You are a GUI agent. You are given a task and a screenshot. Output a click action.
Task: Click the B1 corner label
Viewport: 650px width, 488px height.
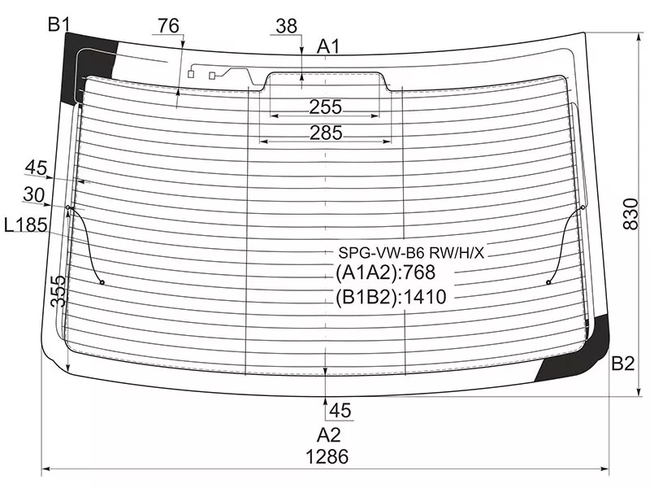pos(59,24)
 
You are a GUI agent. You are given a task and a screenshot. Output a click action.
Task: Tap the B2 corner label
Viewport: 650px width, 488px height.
pos(623,364)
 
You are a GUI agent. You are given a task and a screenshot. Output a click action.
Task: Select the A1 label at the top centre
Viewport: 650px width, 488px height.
pos(328,46)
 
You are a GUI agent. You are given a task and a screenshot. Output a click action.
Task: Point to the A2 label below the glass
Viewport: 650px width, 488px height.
pos(328,435)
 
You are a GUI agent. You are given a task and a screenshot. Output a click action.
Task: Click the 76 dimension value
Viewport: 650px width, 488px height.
pos(168,26)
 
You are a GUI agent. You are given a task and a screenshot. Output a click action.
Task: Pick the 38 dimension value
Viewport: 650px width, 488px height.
pos(287,26)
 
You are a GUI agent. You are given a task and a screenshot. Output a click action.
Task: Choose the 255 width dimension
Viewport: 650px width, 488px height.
pos(326,107)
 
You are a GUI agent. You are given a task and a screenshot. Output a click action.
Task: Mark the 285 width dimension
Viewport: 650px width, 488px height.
pos(327,133)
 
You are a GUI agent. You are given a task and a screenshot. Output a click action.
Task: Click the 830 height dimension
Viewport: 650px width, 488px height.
pos(631,214)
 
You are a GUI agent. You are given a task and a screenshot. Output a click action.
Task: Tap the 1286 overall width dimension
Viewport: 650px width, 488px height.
pos(327,457)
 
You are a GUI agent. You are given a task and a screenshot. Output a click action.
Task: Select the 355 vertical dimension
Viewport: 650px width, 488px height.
pos(58,291)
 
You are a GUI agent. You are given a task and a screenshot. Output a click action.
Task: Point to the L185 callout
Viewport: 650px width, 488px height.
pos(26,225)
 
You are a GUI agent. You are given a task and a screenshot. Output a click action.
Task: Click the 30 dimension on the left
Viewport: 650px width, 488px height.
pos(34,194)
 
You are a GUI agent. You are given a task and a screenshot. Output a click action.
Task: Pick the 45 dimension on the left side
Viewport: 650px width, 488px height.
pos(36,168)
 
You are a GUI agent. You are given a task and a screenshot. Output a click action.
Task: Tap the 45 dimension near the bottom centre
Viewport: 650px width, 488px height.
pos(340,411)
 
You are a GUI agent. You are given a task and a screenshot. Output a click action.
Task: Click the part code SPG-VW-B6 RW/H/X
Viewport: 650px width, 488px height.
pos(411,252)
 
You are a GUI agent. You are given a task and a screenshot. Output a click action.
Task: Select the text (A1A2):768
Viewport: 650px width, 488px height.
pos(385,272)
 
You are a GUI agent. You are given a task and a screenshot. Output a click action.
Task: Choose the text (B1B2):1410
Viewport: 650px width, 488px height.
pos(391,297)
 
